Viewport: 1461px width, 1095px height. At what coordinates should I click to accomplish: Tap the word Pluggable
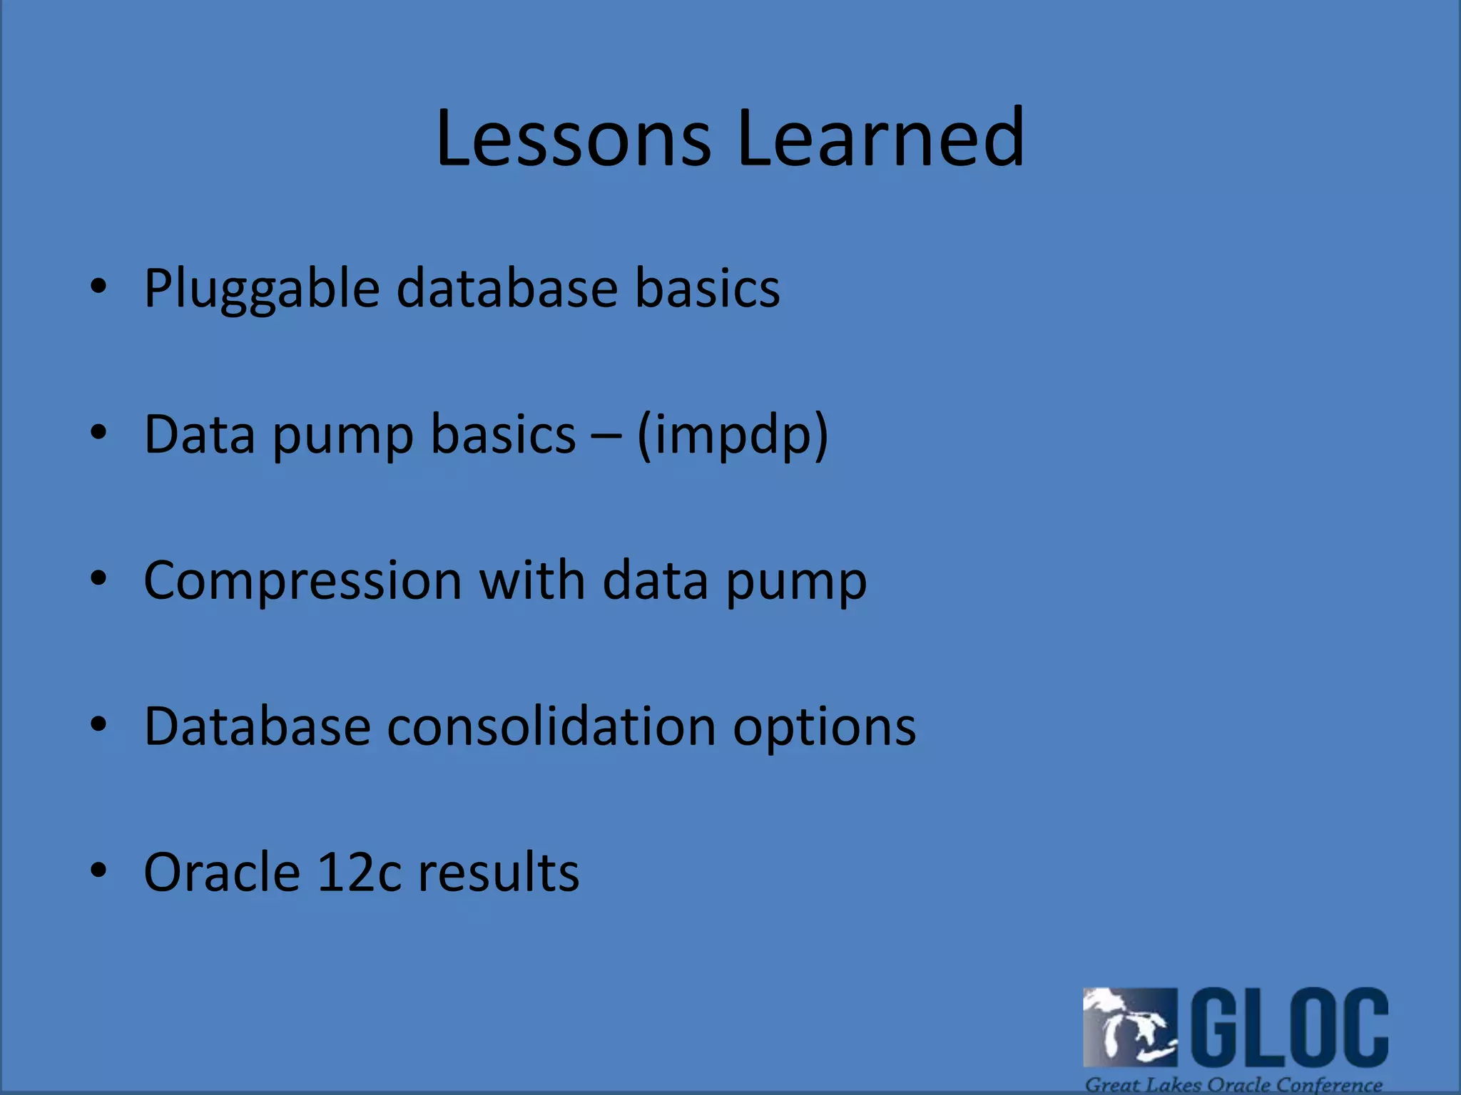[x=261, y=289]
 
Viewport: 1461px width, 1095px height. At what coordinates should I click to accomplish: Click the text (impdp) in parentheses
[x=732, y=435]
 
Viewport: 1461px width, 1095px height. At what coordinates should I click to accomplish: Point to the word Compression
[x=302, y=582]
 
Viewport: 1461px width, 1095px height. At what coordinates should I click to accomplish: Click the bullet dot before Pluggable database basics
[x=98, y=287]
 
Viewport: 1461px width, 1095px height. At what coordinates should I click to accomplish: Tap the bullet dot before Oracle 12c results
[x=98, y=870]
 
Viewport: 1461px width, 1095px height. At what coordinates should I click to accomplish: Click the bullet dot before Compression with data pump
[x=98, y=578]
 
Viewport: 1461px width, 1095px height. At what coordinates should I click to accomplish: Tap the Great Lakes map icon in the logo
[x=1129, y=1027]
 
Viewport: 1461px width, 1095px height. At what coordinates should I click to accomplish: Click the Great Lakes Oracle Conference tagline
[x=1233, y=1084]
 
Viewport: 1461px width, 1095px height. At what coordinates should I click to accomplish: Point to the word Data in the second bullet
[x=199, y=434]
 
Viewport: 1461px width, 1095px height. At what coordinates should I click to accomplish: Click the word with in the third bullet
[x=531, y=580]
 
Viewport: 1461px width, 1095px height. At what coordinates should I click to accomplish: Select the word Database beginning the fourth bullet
[x=257, y=726]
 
